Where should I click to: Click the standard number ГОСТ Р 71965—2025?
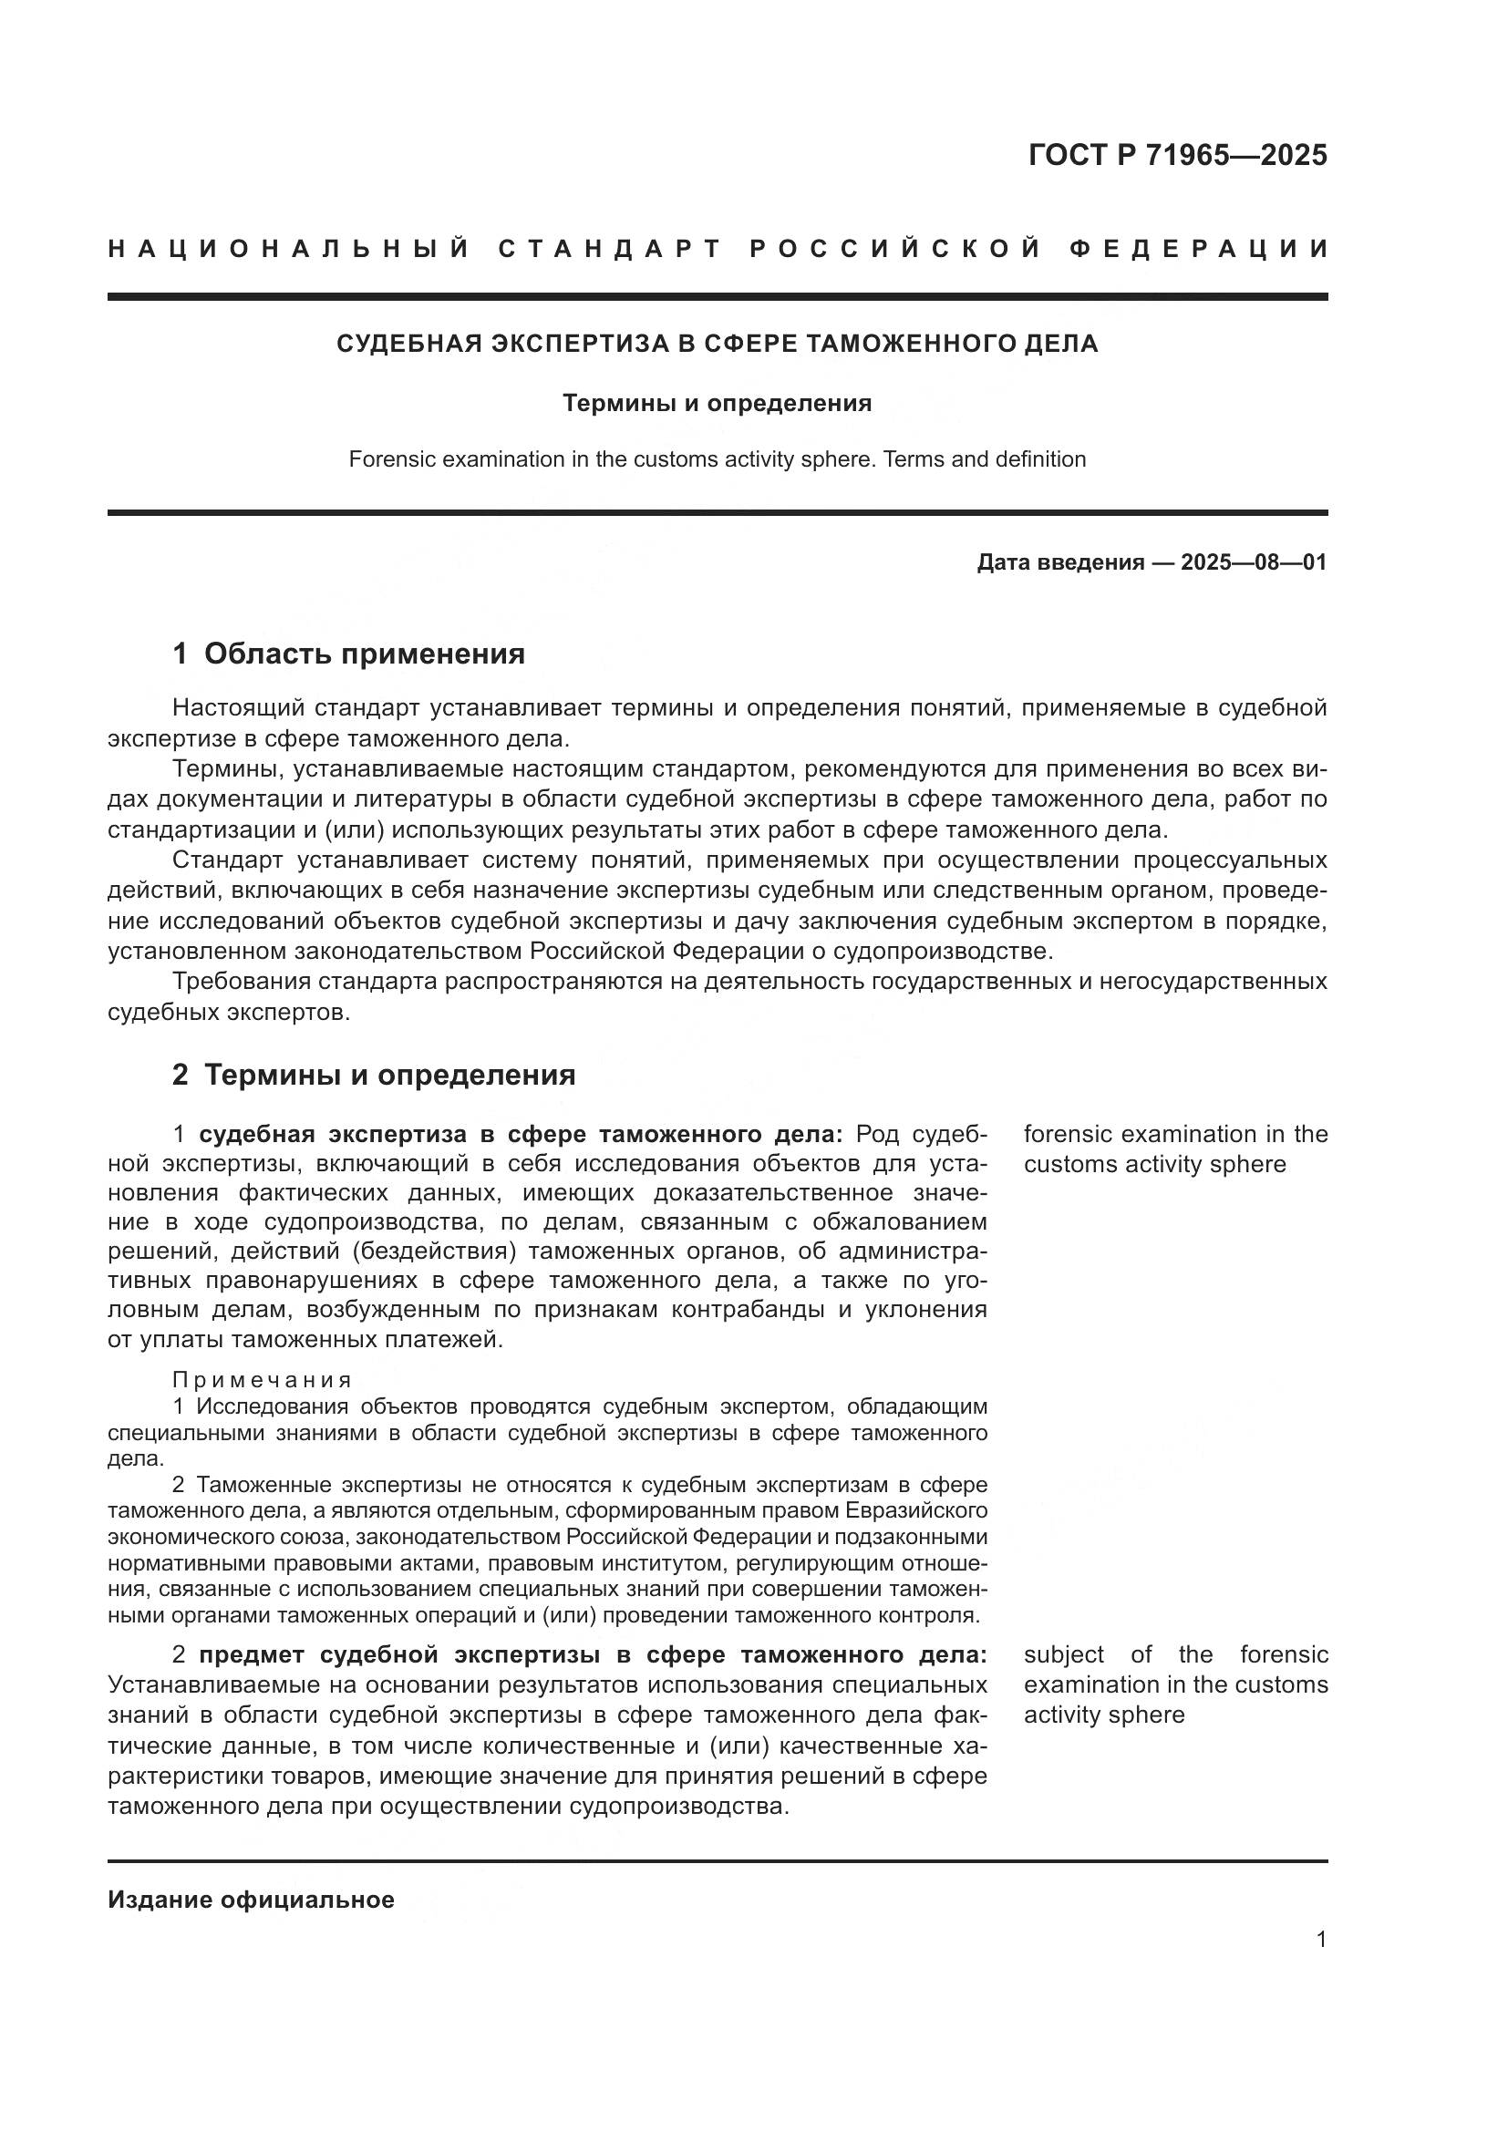pyautogui.click(x=1177, y=155)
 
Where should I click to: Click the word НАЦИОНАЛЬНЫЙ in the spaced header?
pyautogui.click(x=289, y=249)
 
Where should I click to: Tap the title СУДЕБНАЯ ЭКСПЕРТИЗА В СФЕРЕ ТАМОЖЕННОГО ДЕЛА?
pyautogui.click(x=717, y=344)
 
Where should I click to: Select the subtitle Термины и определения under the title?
pyautogui.click(x=717, y=403)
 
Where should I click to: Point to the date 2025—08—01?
pyautogui.click(x=1254, y=562)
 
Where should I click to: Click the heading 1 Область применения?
pyautogui.click(x=348, y=654)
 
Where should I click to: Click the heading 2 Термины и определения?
pyautogui.click(x=373, y=1076)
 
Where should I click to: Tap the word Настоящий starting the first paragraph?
pyautogui.click(x=239, y=708)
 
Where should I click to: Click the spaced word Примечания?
pyautogui.click(x=262, y=1380)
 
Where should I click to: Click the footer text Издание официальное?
pyautogui.click(x=251, y=1899)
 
